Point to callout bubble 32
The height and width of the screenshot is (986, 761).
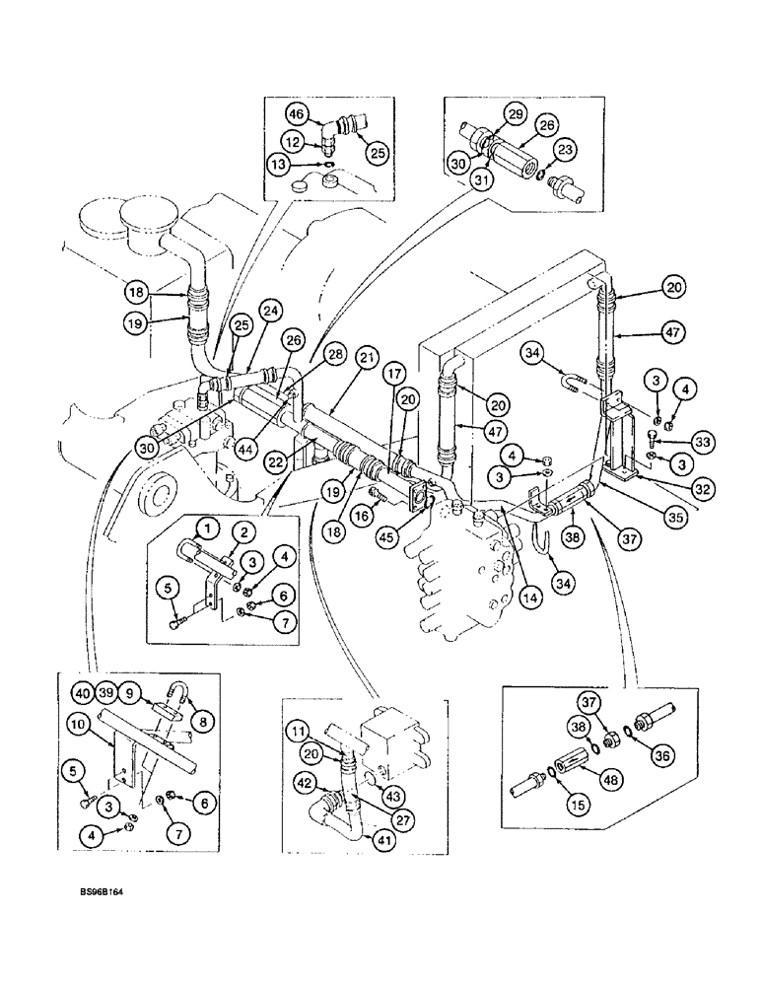tap(703, 486)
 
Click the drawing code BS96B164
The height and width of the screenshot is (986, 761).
tap(108, 890)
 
